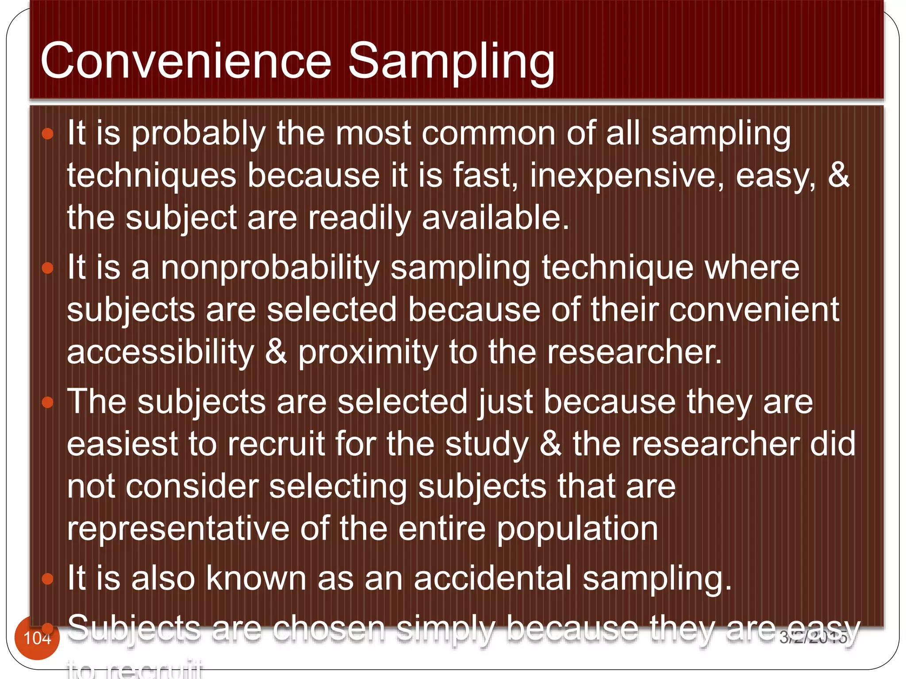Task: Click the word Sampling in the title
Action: (451, 62)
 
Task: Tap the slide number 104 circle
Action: (37, 638)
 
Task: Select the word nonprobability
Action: (270, 268)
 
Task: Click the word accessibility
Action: (161, 352)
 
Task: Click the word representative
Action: (178, 529)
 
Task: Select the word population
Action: (577, 530)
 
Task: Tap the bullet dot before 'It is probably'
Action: (47, 134)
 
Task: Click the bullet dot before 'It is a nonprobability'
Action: (47, 268)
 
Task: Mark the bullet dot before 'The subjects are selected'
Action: (47, 402)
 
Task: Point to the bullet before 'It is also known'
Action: (47, 579)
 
